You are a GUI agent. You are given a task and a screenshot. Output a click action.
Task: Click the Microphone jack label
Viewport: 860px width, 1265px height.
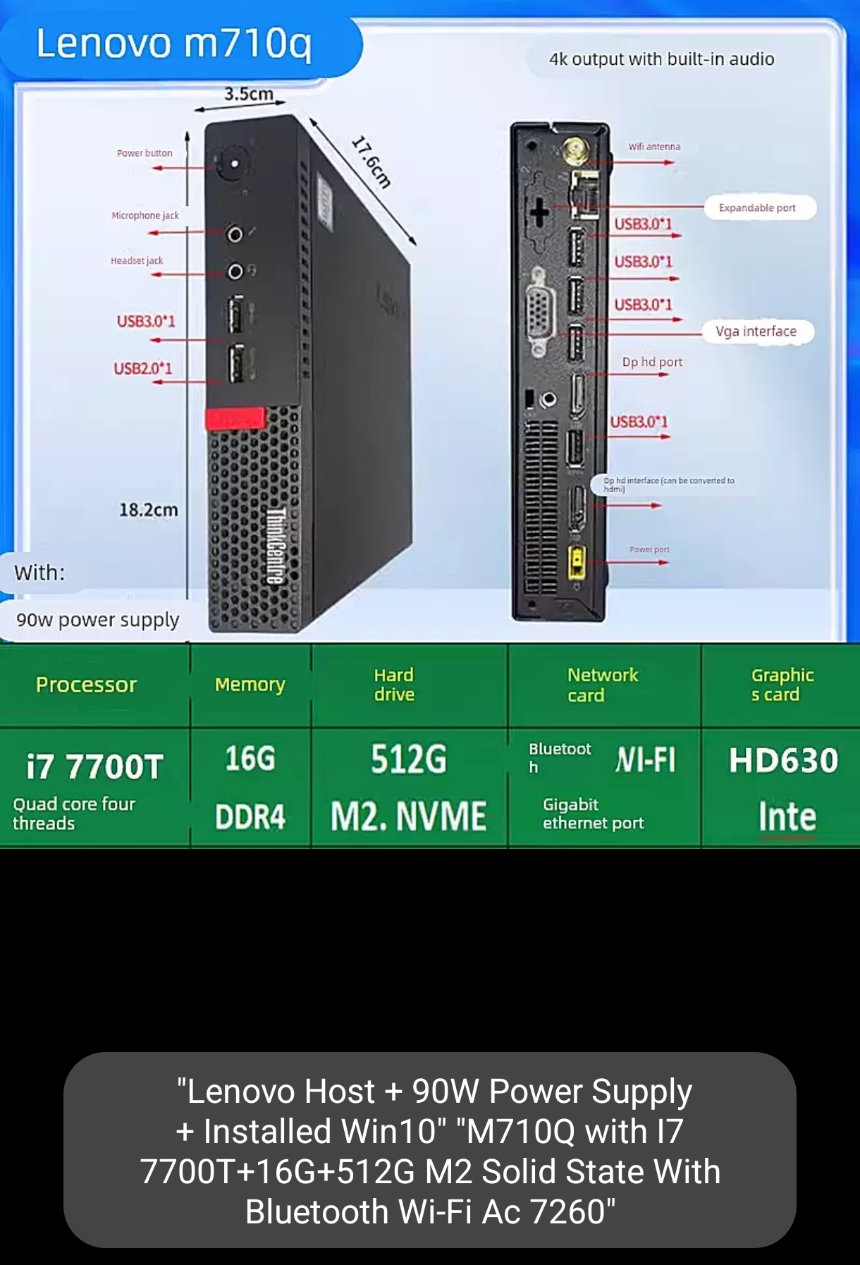tap(145, 215)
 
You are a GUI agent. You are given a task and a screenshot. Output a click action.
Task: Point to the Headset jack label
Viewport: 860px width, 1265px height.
tap(137, 260)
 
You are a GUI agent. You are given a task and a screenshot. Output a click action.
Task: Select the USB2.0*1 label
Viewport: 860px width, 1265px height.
tap(143, 368)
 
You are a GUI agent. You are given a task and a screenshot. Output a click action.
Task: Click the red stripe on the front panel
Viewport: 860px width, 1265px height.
tap(235, 418)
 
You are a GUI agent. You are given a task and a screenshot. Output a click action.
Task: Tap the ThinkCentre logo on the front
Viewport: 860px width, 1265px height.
tap(275, 545)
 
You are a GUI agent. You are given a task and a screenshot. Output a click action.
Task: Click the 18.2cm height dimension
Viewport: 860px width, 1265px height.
tap(148, 510)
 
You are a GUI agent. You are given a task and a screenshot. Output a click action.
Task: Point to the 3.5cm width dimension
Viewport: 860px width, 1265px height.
tap(248, 94)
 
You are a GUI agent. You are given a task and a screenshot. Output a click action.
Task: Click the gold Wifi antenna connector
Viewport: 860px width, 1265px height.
tap(576, 149)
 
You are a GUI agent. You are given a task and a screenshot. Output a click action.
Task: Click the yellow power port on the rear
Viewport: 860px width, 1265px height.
tap(577, 562)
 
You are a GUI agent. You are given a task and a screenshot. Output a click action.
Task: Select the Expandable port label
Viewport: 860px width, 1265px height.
tap(758, 208)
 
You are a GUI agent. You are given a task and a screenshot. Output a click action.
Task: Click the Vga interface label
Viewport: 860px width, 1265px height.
tap(756, 331)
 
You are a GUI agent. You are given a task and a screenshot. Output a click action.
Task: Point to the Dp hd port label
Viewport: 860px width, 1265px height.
tap(652, 362)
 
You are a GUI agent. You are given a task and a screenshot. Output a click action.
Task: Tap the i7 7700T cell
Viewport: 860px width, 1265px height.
tap(94, 766)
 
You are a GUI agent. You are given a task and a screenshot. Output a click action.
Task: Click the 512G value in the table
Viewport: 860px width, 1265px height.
tap(409, 759)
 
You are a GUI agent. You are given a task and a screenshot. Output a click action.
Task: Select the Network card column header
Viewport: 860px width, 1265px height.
tap(603, 685)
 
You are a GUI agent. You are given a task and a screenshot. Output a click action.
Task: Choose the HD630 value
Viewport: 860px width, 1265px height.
tap(783, 760)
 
